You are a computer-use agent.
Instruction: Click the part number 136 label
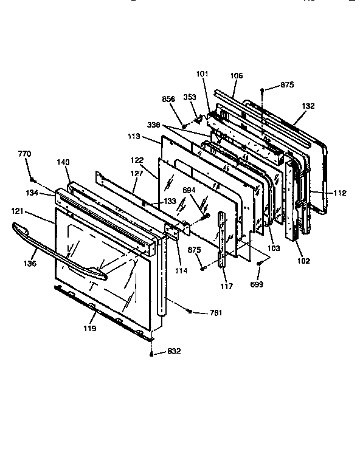[x=30, y=263]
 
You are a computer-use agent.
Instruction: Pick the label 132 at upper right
[x=308, y=106]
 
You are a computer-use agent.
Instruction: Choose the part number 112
[x=339, y=193]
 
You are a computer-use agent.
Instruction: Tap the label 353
[x=190, y=97]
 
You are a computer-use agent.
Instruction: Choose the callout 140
[x=63, y=162]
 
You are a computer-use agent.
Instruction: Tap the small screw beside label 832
[x=151, y=351]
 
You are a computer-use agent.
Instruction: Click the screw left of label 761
[x=191, y=311]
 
